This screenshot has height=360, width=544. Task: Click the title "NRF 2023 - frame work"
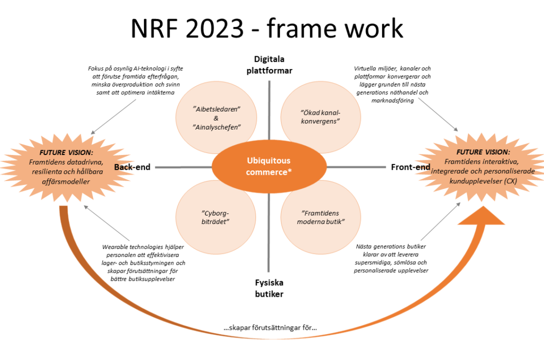coord(267,29)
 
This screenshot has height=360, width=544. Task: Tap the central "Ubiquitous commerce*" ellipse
coord(268,166)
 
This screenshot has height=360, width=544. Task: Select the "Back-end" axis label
coord(132,167)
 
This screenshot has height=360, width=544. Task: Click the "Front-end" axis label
coord(411,167)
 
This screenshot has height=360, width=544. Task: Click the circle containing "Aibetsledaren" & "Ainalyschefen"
coord(217,117)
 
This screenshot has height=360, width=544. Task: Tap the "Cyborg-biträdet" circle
coord(216,217)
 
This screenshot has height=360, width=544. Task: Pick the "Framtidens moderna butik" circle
coord(321,217)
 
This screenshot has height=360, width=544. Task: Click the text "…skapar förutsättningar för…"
coord(270,328)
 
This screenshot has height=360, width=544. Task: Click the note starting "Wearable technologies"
coord(144,263)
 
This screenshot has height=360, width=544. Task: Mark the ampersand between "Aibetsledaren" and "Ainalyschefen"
coord(217,117)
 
